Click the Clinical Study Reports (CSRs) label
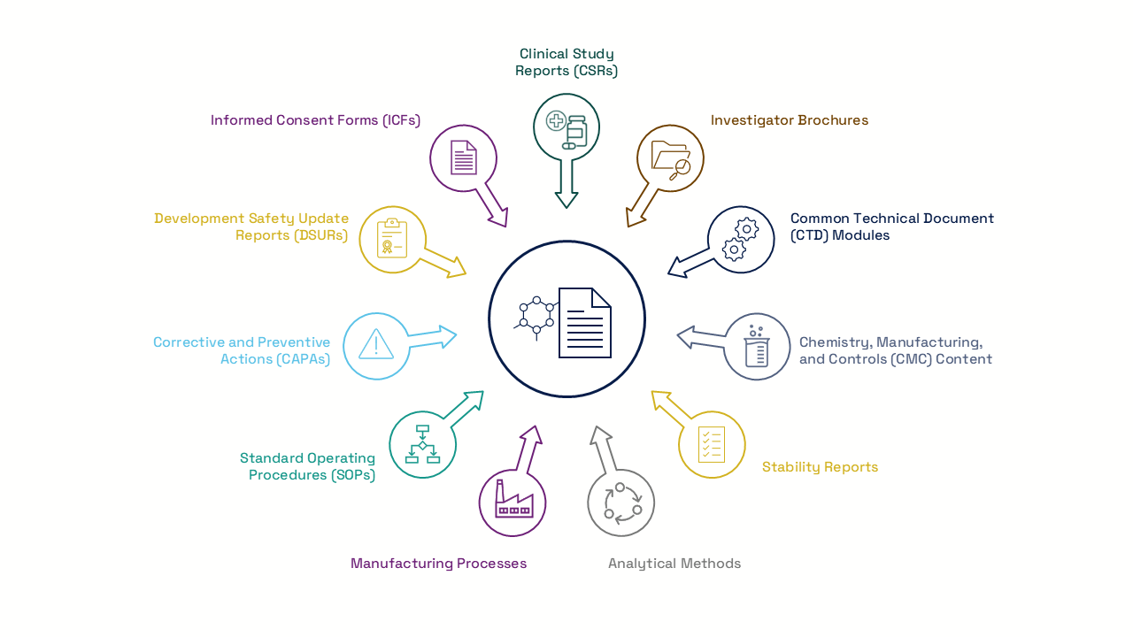point(566,63)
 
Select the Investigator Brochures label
point(789,120)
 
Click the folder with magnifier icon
point(670,159)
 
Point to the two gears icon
point(741,239)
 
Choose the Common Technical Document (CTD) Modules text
point(891,226)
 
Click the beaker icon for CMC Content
point(757,347)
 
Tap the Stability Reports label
point(820,467)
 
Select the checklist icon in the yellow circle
point(712,444)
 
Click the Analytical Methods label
point(674,564)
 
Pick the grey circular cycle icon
point(621,503)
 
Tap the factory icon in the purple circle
point(513,502)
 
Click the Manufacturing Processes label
point(438,564)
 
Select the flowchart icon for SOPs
point(422,444)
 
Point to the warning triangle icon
point(376,344)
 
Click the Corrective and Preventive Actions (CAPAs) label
point(242,350)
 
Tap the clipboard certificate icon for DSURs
point(392,239)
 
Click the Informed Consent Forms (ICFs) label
point(315,120)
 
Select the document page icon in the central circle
point(585,323)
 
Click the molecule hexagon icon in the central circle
point(536,317)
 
